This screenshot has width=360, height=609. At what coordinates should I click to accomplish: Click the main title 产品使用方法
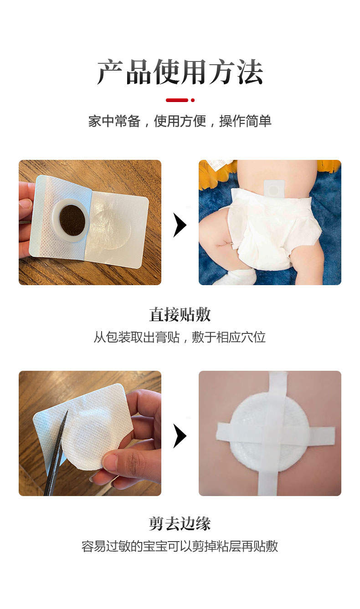(x=180, y=72)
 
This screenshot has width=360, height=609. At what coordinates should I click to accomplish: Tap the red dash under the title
(x=177, y=100)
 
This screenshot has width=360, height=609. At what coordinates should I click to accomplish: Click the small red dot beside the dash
(x=193, y=100)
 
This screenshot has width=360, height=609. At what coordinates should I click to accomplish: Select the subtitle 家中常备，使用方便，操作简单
(x=180, y=121)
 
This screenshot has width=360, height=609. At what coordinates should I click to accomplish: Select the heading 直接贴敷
(x=180, y=315)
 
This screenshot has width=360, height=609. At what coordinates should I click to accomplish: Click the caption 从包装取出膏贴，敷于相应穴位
(x=180, y=338)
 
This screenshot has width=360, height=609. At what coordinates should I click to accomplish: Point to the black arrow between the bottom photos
(x=180, y=435)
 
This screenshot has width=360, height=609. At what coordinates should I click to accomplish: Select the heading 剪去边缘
(x=180, y=523)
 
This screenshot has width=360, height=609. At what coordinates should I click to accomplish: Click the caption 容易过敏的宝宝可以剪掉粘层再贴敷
(x=180, y=546)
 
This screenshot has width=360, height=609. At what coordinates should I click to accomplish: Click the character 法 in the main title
(x=250, y=72)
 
